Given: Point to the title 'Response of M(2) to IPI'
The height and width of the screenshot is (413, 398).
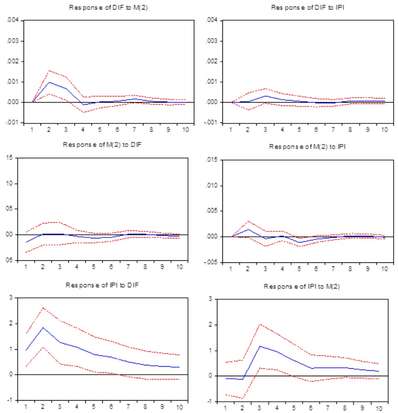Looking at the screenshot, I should click(304, 146).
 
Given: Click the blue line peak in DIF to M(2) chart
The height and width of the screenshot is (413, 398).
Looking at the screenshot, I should click(49, 82).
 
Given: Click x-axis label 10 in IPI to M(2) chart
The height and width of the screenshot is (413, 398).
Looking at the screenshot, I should click(379, 409).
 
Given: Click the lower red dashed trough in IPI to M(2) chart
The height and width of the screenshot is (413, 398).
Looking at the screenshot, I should click(242, 398).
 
